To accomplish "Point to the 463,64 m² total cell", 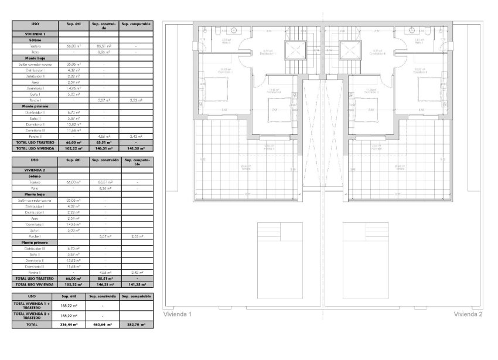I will [x=104, y=324].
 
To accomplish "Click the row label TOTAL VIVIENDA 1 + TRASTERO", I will [x=32, y=305].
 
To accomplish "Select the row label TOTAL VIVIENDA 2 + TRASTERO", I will [x=32, y=315].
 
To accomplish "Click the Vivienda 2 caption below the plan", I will [x=468, y=314].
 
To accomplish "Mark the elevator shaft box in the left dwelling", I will [x=295, y=50].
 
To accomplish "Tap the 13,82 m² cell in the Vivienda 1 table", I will [x=73, y=124].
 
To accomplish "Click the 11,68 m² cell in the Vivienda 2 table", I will [x=73, y=266].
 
